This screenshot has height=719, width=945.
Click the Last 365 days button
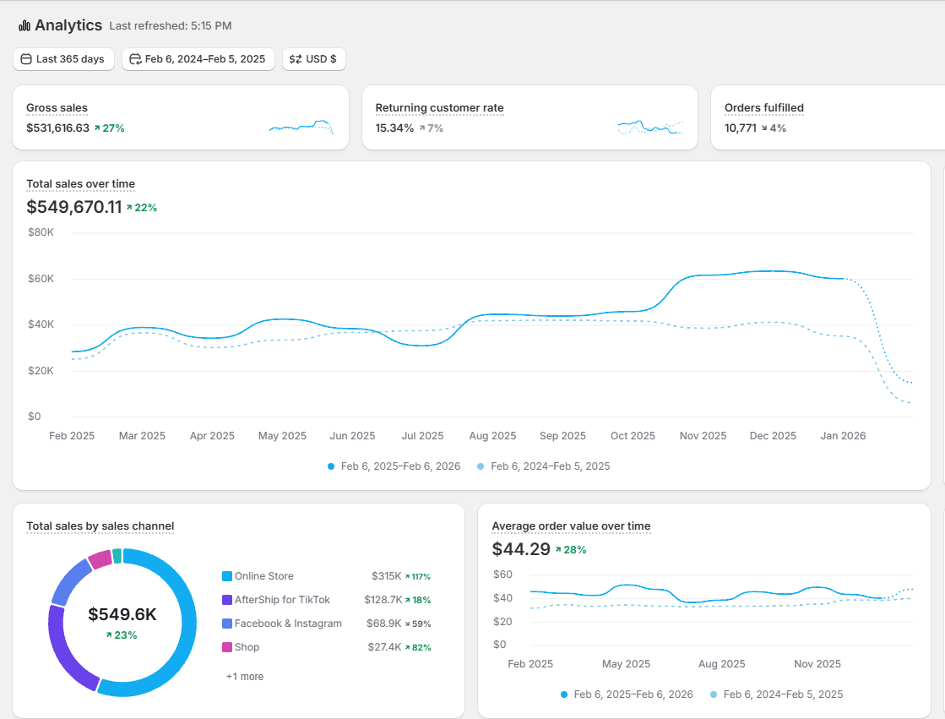63,59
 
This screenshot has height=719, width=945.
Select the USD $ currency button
313,59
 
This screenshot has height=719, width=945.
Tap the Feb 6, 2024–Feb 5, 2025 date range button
198,59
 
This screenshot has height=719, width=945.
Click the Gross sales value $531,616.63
58,128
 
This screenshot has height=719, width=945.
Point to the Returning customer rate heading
439,108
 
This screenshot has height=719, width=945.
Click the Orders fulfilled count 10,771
740,128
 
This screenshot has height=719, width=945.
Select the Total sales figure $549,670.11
74,207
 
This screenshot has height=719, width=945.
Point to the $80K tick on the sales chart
41,232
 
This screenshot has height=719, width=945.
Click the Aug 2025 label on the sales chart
492,435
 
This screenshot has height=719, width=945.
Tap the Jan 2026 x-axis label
843,435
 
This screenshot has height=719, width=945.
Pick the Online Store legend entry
258,576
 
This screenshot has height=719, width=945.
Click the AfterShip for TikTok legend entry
276,600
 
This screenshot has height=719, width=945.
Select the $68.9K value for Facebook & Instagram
384,623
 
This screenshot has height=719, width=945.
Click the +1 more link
245,677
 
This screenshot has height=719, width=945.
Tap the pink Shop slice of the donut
100,559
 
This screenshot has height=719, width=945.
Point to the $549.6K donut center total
122,614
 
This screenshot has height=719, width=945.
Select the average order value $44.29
521,549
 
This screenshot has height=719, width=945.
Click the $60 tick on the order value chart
502,575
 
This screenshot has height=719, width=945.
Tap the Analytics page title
68,25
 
